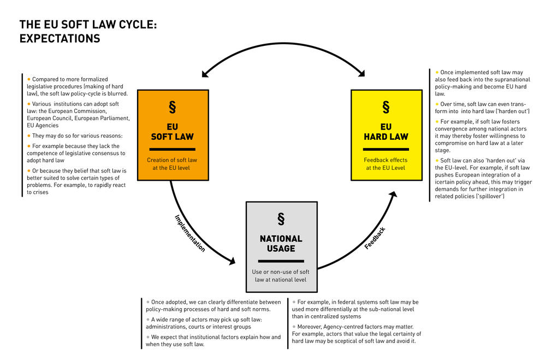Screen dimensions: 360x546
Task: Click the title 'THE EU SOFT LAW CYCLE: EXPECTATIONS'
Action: [88, 32]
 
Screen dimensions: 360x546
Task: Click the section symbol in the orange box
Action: [173, 107]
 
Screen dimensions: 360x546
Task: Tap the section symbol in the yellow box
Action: [386, 107]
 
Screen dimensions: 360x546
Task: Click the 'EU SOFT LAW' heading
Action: [173, 131]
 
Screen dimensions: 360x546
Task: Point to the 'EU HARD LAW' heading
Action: [386, 131]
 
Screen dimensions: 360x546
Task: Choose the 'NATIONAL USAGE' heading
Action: [281, 244]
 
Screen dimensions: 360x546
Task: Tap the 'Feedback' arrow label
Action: [375, 238]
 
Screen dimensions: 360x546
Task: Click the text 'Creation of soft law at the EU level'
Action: [173, 164]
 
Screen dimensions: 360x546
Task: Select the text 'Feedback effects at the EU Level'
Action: [386, 164]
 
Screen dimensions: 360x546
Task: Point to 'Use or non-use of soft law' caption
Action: [281, 276]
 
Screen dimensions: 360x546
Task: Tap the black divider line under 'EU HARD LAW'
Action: [386, 149]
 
